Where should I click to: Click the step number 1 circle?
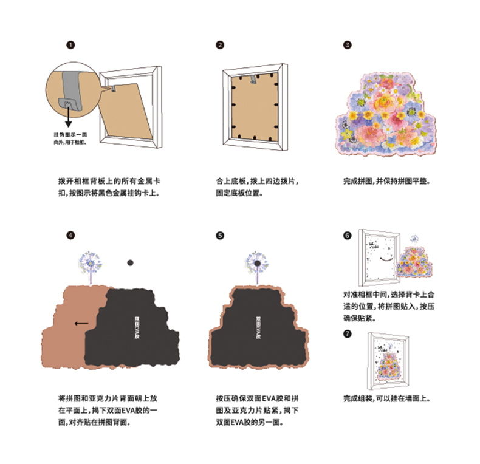[71, 45]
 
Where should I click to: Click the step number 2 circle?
[220, 45]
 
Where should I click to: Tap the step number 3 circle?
[347, 45]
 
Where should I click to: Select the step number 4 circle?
[71, 235]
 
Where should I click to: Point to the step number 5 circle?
[220, 235]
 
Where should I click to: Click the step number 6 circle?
[347, 235]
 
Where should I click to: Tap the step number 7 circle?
[347, 333]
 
